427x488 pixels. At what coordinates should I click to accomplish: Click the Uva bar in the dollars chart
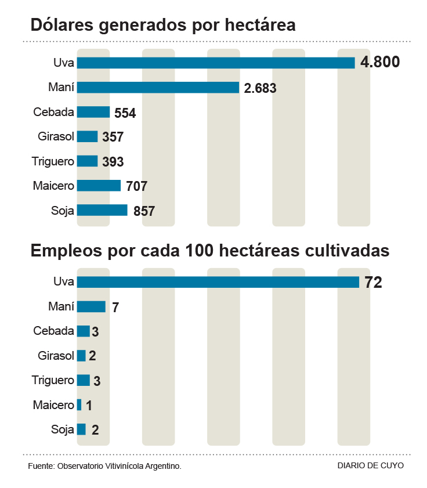tap(215, 63)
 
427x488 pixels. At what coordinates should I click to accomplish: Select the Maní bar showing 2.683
tap(158, 88)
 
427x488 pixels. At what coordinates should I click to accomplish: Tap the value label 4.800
tap(380, 63)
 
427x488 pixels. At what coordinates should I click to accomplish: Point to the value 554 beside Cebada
tap(125, 113)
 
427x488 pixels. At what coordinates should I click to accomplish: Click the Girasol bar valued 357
tap(87, 137)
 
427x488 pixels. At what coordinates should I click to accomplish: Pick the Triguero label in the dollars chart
tap(53, 161)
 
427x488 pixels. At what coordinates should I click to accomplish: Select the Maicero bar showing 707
tap(99, 186)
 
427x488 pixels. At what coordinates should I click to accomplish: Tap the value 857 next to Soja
tap(144, 211)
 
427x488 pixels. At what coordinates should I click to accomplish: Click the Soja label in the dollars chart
tap(63, 211)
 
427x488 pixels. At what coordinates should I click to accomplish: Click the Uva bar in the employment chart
tap(218, 282)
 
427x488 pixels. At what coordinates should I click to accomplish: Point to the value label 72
tap(373, 283)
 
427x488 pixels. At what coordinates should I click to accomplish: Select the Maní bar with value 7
tap(91, 306)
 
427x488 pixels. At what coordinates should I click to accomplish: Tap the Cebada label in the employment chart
tap(53, 331)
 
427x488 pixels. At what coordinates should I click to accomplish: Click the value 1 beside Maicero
tap(89, 406)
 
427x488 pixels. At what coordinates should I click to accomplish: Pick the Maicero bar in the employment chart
tap(79, 404)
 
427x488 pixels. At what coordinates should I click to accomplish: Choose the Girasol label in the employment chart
tap(56, 355)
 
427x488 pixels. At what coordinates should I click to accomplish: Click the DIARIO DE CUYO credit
tap(370, 465)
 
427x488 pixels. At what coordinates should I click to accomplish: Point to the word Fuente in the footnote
tap(40, 466)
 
